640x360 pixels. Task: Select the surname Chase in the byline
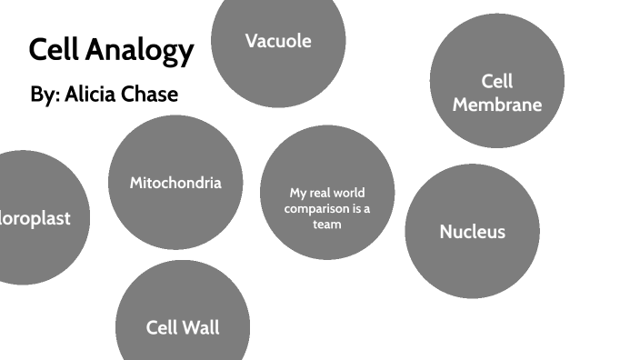(153, 95)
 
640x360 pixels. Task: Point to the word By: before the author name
(45, 95)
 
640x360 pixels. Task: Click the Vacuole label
(278, 41)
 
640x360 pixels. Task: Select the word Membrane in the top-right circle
(496, 105)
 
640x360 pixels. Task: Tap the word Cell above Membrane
(497, 82)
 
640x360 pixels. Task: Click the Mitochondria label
(175, 183)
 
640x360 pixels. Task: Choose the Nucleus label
(472, 232)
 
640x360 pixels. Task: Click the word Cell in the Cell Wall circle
(161, 327)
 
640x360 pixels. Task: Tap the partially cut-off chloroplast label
(35, 218)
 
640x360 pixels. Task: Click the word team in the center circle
(327, 225)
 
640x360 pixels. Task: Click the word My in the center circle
(298, 193)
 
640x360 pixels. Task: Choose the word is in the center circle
(355, 208)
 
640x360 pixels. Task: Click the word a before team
(367, 208)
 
